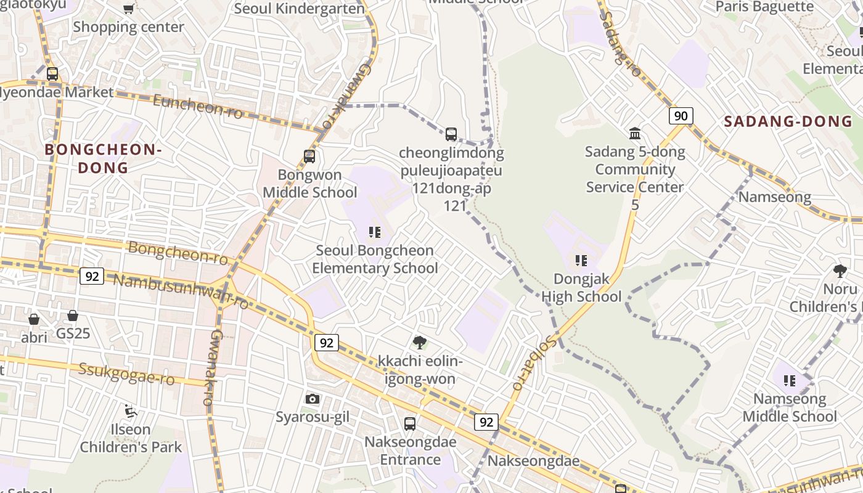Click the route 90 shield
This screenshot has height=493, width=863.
click(x=681, y=116)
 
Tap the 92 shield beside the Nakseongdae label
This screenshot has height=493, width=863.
click(x=486, y=422)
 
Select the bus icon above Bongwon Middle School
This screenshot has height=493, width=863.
click(x=309, y=157)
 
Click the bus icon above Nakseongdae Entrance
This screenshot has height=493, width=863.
click(x=410, y=424)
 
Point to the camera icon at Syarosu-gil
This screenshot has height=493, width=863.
click(x=313, y=399)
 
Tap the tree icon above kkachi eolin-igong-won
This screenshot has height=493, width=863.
click(x=420, y=342)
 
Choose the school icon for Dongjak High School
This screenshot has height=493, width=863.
click(x=581, y=261)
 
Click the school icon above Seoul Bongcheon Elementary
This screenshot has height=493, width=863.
click(x=375, y=232)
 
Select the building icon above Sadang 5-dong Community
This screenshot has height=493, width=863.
click(x=635, y=133)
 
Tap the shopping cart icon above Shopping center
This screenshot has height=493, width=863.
click(x=128, y=9)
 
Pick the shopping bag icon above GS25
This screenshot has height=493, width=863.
click(x=73, y=316)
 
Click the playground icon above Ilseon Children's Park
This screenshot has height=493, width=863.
click(x=130, y=410)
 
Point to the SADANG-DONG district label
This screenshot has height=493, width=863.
click(x=788, y=121)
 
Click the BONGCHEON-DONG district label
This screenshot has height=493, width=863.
click(x=102, y=158)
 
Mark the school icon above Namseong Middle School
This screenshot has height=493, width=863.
click(x=790, y=381)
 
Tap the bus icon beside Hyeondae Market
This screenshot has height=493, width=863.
click(x=52, y=74)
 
